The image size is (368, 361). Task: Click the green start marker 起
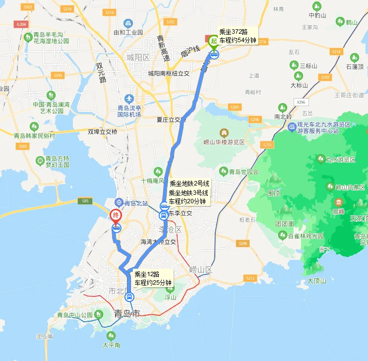coord(214,41)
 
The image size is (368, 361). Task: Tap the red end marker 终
coord(115,216)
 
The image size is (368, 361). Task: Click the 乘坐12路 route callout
coord(153,278)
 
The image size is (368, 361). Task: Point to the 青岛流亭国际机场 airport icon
coord(129,99)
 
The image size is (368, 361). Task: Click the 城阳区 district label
coord(138,58)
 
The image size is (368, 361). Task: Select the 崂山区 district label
coord(201,270)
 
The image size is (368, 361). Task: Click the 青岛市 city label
coord(127,313)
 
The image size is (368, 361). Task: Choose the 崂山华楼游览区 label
coord(224,142)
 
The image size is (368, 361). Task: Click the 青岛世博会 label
coord(244,172)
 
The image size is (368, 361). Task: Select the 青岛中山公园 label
coord(75,315)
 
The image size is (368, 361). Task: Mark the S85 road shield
coord(85,200)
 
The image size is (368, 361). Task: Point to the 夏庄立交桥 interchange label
coord(172,120)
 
